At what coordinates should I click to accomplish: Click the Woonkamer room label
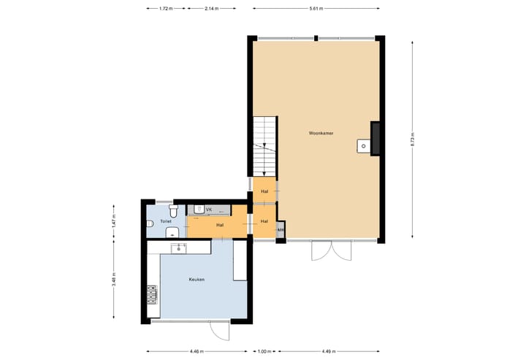[x=321, y=134]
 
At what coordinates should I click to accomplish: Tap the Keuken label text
[x=197, y=280]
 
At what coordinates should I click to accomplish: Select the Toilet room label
[x=166, y=220]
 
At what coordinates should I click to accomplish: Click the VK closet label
[x=208, y=210]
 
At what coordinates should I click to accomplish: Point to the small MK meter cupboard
[x=281, y=231]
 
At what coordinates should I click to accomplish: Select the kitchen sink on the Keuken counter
[x=179, y=248]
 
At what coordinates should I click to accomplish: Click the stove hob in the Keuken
[x=153, y=294]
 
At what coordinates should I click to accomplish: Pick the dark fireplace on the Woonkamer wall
[x=375, y=138]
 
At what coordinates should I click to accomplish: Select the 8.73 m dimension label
[x=413, y=139]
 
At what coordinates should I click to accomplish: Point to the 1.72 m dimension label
[x=166, y=8]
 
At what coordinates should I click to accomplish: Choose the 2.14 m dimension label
[x=212, y=8]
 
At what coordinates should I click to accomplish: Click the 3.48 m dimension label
[x=114, y=281]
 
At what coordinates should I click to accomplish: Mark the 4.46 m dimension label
[x=197, y=351]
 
